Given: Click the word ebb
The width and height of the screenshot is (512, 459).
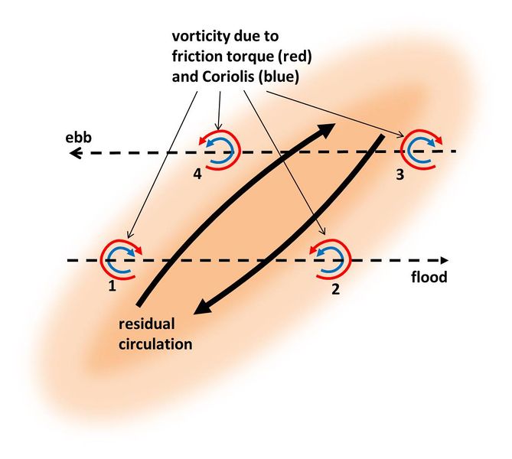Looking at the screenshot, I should coord(76,139).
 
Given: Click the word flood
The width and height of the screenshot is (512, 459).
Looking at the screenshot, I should coord(429,278).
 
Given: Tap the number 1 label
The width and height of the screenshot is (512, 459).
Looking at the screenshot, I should coord(112,289).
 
